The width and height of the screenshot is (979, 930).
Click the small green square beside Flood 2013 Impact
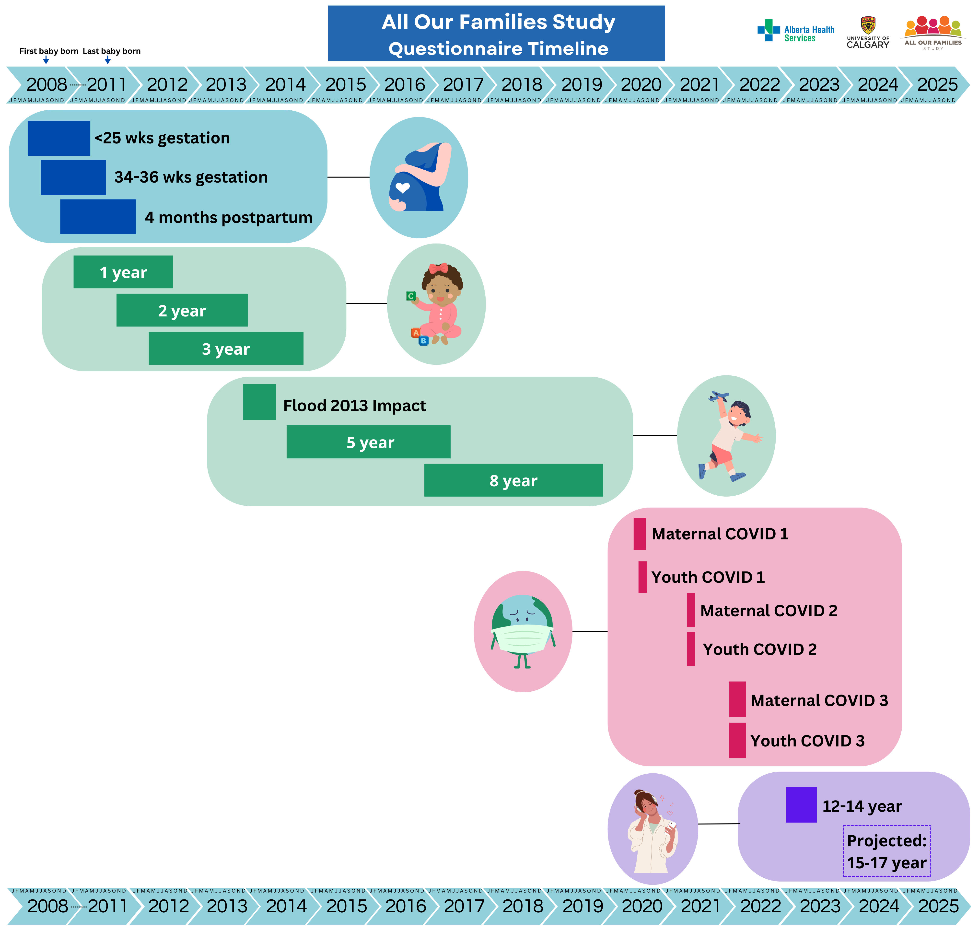[x=259, y=402]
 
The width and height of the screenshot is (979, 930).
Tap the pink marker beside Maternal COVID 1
[x=640, y=534]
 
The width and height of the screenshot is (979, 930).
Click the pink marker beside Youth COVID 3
[x=737, y=740]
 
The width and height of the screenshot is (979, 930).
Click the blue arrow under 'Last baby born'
[x=107, y=60]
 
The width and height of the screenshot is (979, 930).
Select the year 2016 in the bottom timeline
[x=406, y=906]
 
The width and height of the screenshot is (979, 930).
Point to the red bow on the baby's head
[x=438, y=268]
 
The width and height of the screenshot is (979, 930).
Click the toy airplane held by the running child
[x=718, y=396]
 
